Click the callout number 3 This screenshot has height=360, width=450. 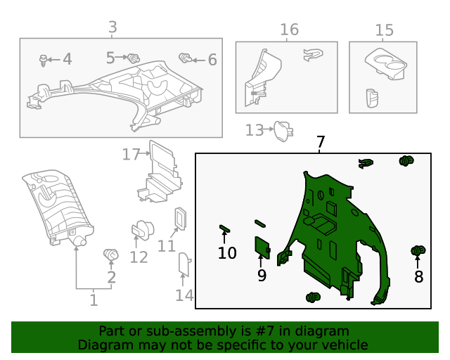tap(112, 27)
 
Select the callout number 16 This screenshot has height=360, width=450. tap(289, 30)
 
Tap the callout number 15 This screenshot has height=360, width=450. tap(384, 30)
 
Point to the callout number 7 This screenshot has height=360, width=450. tap(321, 142)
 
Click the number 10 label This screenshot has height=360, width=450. tap(227, 252)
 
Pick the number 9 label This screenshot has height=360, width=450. tap(262, 276)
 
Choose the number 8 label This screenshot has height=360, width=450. tap(419, 276)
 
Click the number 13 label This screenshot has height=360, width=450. tap(254, 130)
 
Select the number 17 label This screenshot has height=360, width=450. tap(131, 154)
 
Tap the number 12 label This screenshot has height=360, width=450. tap(139, 257)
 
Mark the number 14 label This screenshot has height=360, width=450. tap(184, 295)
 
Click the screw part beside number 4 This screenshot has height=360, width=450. tap(46, 60)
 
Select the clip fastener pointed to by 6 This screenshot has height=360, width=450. tap(186, 58)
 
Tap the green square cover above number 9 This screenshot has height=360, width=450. tap(262, 247)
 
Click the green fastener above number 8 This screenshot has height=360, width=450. tap(418, 250)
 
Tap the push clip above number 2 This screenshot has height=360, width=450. tap(110, 254)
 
